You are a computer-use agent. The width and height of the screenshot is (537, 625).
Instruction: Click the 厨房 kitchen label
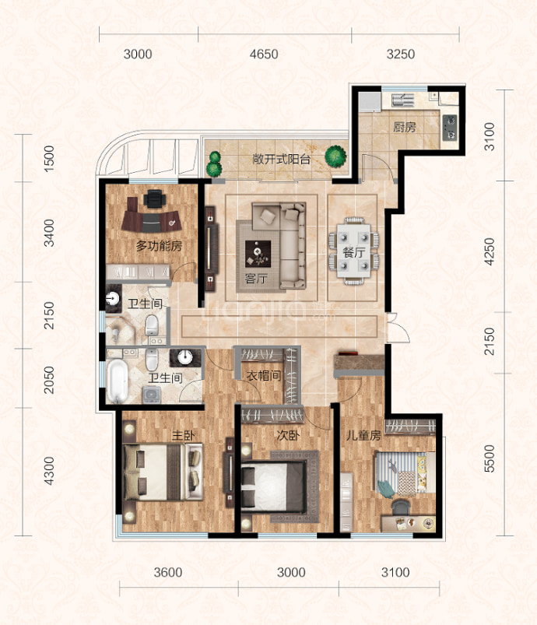point(404,127)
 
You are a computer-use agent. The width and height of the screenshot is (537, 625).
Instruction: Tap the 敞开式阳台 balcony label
point(282,160)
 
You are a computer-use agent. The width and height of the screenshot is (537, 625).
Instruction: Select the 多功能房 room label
point(159,245)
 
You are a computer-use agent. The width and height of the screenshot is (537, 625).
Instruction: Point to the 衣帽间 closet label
point(264,375)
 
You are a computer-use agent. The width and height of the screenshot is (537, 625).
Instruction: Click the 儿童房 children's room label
point(363,435)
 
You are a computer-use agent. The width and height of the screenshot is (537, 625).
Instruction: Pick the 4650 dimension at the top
point(264,54)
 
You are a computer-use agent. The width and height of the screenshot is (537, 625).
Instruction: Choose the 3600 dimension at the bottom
point(168,572)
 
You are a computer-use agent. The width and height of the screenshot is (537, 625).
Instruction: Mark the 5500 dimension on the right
point(490,458)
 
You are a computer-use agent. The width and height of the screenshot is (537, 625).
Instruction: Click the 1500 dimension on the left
point(48,159)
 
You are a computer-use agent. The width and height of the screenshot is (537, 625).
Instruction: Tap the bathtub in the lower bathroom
point(118,381)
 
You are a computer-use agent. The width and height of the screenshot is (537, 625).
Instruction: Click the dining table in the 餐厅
point(353,251)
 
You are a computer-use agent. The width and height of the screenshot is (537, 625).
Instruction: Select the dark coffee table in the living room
point(258,254)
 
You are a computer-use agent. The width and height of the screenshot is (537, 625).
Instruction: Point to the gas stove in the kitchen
point(450,128)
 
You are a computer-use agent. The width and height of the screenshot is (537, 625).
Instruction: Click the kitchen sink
point(402,100)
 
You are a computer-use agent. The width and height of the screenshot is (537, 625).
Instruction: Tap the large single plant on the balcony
point(335,156)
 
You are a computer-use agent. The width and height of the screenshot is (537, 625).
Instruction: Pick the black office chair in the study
point(154,198)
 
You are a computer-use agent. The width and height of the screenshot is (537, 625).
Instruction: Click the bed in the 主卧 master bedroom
point(163,472)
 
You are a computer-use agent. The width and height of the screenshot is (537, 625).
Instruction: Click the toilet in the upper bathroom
point(152,325)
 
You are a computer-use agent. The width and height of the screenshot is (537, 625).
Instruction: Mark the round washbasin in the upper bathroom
point(114,298)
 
